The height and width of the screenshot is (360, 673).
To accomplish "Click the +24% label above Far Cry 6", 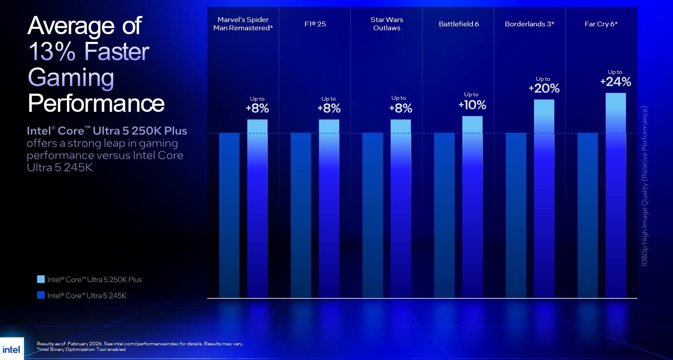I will pos(616,82).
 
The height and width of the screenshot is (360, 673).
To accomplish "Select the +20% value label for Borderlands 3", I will pos(544,88).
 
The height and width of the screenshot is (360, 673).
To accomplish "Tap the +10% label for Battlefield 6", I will pos(472,105).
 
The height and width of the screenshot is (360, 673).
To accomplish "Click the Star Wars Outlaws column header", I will pos(387,24).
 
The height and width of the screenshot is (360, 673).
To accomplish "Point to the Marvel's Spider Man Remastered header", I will pos(243,24).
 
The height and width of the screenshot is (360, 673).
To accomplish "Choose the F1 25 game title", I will pos(315,24).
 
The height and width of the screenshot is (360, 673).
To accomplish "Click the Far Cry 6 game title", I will pos(601,24).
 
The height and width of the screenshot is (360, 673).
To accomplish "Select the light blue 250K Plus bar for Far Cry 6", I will pos(616,194).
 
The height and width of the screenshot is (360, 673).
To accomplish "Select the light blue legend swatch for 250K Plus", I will pos(41,279).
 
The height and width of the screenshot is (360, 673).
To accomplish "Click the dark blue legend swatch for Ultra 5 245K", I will pos(41,295).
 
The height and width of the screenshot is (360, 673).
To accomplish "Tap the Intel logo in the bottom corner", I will pos(11,349).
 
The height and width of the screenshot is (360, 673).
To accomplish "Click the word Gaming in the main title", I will pos(71,78).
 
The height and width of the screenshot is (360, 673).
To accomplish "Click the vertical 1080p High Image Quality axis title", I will pos(644,186).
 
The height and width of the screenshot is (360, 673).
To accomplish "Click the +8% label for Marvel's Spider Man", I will pos(257,108).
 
